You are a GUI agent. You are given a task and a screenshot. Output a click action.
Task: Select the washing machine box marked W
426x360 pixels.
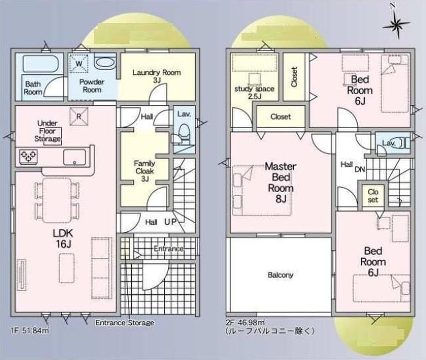(79, 63)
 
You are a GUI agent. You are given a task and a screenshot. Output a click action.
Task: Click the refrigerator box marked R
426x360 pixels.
(79, 117)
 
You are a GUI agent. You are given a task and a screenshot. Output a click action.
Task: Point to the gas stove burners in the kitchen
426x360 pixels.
(28, 157)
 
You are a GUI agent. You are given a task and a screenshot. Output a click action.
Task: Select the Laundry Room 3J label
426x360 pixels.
(157, 76)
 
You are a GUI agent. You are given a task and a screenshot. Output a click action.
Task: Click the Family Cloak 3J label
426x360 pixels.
(144, 171)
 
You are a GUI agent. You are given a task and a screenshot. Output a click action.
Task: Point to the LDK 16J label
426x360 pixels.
(63, 238)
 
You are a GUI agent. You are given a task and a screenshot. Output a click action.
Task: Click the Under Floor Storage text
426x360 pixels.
(47, 131)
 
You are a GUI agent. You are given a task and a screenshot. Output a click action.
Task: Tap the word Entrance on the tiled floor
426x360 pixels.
(169, 248)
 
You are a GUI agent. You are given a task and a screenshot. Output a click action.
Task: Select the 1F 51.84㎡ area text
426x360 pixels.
(30, 331)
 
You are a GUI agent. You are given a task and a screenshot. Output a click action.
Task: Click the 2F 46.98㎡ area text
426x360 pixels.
(245, 323)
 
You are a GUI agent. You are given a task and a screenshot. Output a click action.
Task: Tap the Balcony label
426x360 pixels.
(280, 275)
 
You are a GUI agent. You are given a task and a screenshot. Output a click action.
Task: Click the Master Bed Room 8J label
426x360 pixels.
(281, 183)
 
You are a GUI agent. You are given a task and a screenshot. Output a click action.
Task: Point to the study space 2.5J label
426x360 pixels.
(254, 92)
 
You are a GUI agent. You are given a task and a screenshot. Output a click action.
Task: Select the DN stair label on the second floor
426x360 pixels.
(360, 169)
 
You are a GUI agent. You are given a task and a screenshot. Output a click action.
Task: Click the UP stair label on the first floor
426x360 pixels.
(170, 222)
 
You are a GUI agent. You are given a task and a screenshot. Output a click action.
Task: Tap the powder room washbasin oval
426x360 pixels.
(105, 62)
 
